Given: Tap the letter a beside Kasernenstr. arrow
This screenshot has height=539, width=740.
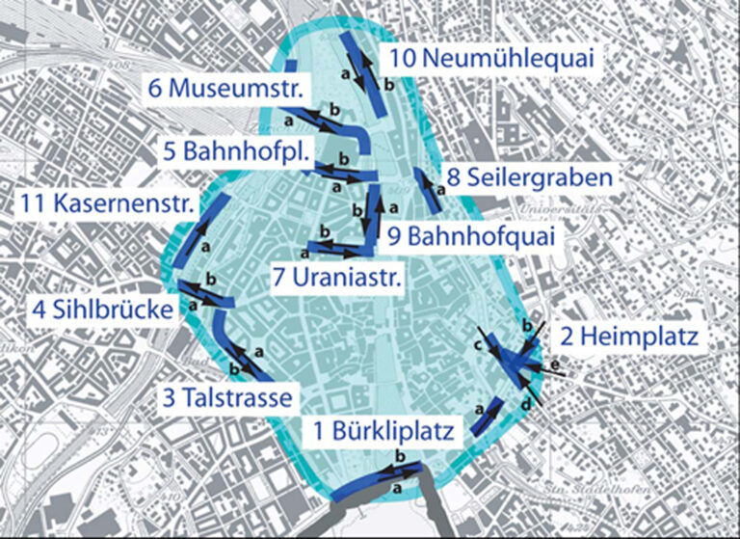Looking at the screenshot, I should coord(206,248).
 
